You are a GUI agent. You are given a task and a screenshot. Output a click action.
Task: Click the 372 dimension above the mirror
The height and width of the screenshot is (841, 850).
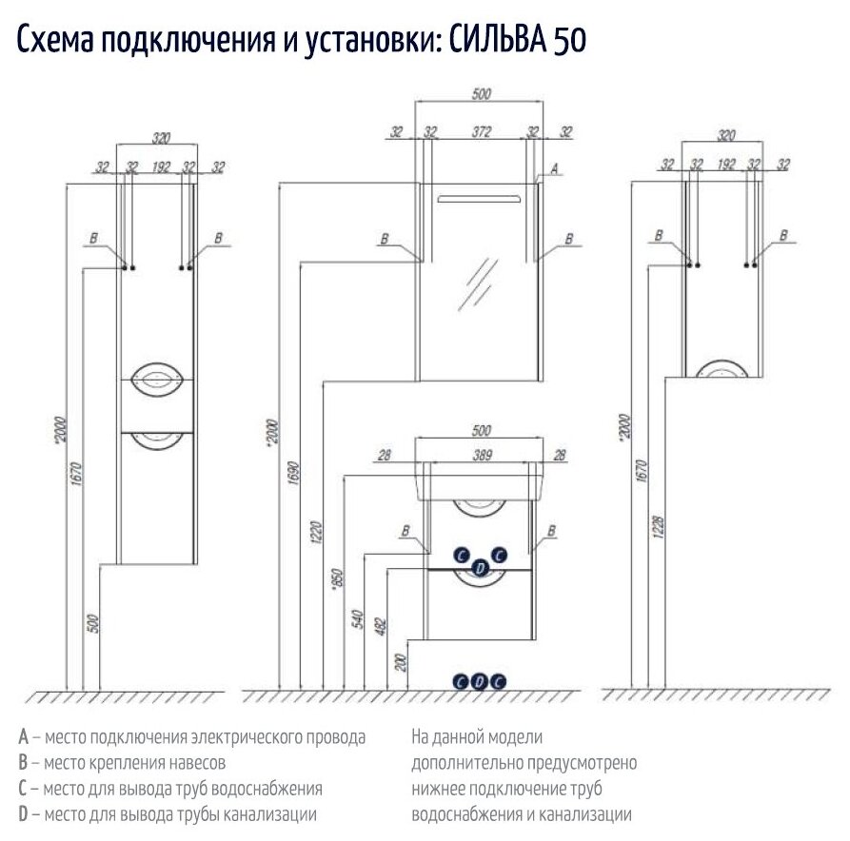481,132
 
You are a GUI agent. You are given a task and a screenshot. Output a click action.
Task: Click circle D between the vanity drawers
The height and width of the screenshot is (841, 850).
481,569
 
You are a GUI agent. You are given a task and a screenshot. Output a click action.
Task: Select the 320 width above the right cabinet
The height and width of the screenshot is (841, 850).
727,135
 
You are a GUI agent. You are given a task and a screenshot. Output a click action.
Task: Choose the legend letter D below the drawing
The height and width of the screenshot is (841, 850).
23,814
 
